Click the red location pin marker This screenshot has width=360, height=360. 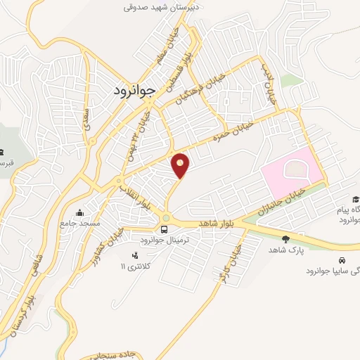[181, 165]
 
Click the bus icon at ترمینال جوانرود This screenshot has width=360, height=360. [165, 229]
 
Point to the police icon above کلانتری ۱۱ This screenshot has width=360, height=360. [135, 255]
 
